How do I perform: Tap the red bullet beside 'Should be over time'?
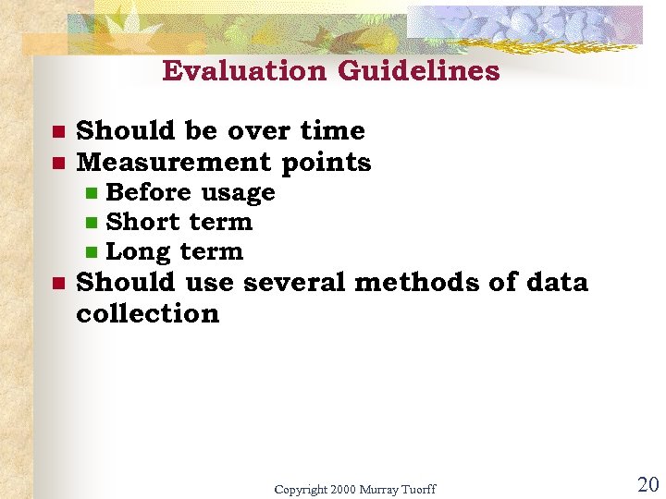pyautogui.click(x=55, y=131)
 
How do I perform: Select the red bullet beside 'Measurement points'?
pyautogui.click(x=55, y=164)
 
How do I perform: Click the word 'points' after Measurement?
pyautogui.click(x=326, y=164)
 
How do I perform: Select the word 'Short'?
pyautogui.click(x=140, y=222)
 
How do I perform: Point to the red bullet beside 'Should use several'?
pyautogui.click(x=55, y=283)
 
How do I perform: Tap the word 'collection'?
pyautogui.click(x=148, y=313)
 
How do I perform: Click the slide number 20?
pyautogui.click(x=647, y=484)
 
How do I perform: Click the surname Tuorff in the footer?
pyautogui.click(x=417, y=488)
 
